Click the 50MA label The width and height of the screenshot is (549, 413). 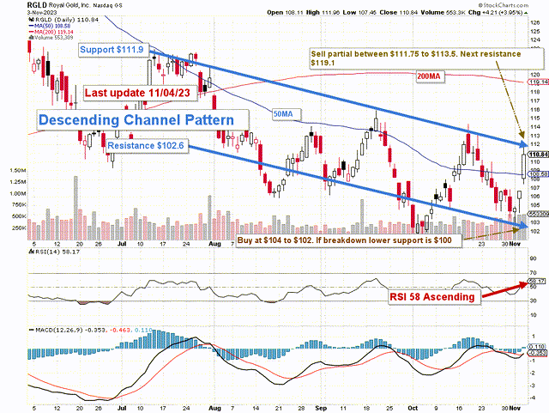point(281,112)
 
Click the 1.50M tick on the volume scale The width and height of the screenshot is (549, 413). point(15,171)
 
